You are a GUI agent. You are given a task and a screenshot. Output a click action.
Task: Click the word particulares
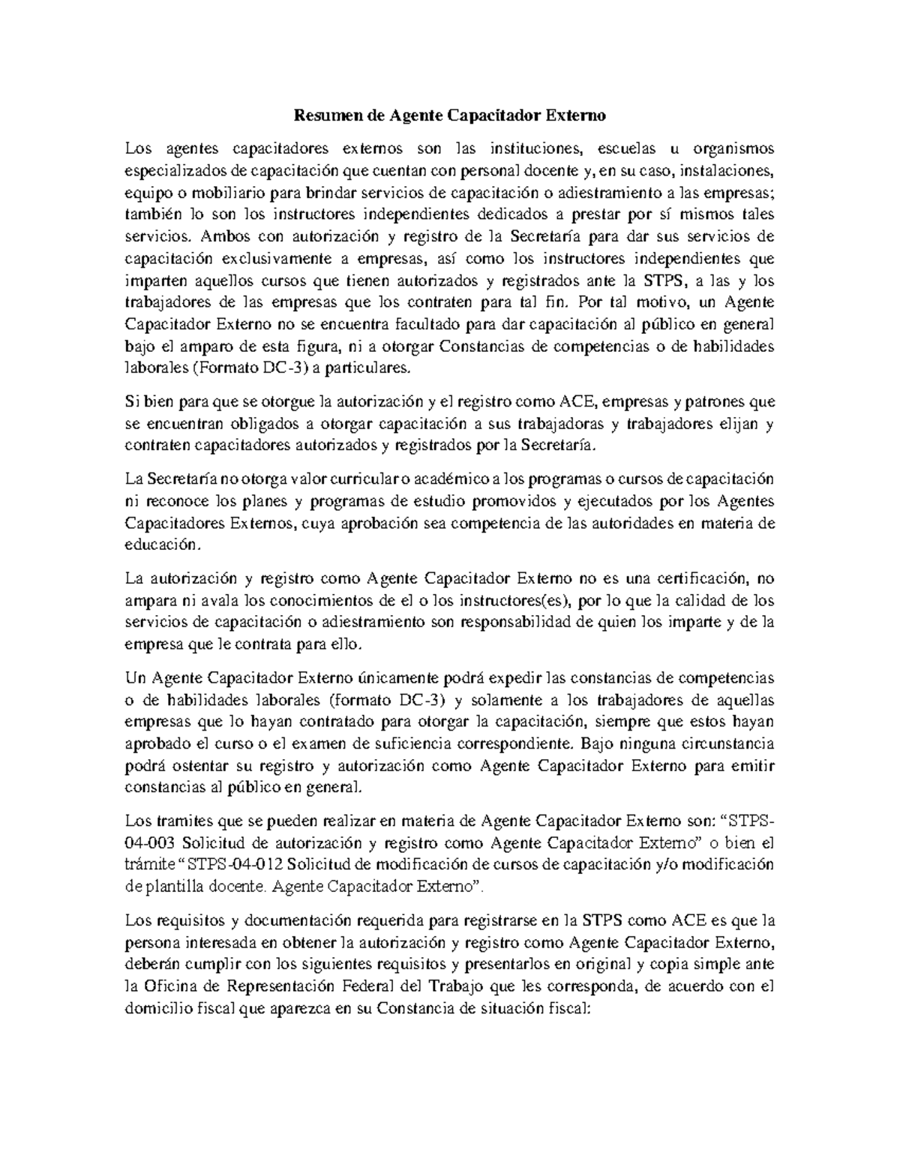point(373,369)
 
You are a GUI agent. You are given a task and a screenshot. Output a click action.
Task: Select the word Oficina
point(162,986)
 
